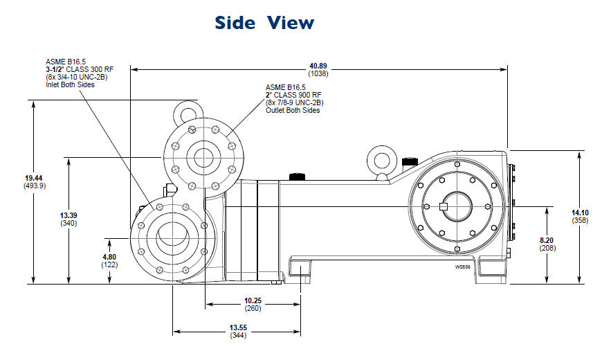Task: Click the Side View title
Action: [x=264, y=22]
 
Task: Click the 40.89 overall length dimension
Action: [x=318, y=66]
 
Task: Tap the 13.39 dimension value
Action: [x=69, y=215]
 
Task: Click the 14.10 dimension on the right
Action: [x=579, y=213]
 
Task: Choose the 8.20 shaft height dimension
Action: [x=546, y=240]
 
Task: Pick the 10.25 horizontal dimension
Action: [x=253, y=300]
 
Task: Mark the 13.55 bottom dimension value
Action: [x=237, y=327]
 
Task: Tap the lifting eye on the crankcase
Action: [x=380, y=156]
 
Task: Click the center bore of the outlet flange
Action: [x=204, y=157]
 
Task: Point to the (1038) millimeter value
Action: [x=318, y=73]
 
